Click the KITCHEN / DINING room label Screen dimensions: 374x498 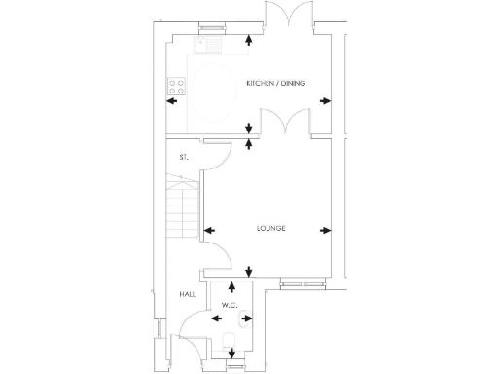(276, 84)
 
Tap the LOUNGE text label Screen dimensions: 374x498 (270, 229)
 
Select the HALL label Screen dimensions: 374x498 (188, 293)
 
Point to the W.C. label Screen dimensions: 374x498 (230, 306)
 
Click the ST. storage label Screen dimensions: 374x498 (183, 157)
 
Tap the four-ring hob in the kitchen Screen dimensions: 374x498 (179, 85)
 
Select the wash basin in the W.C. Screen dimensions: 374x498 (248, 317)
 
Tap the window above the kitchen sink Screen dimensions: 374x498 (208, 26)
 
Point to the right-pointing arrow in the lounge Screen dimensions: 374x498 (325, 231)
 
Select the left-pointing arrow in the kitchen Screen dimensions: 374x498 (172, 100)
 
